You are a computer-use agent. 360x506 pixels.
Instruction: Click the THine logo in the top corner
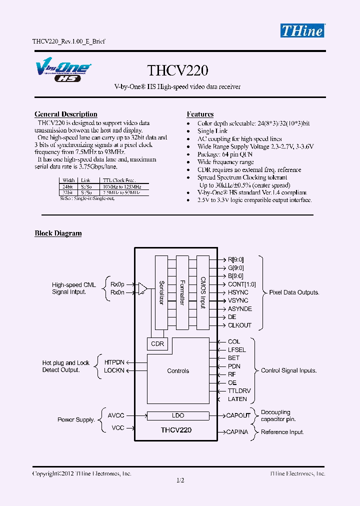(x=302, y=30)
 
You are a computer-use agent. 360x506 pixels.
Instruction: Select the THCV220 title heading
(x=177, y=70)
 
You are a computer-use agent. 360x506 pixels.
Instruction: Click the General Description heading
(x=66, y=114)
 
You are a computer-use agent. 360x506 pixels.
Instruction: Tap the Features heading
(x=200, y=114)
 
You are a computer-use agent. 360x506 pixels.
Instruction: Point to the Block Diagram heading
(x=58, y=233)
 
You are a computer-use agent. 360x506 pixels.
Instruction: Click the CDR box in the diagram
(x=157, y=344)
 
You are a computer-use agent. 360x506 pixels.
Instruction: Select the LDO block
(x=178, y=415)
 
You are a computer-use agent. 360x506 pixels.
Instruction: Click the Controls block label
(x=178, y=371)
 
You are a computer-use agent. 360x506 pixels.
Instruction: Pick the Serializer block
(x=161, y=292)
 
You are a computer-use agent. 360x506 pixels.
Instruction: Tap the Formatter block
(x=182, y=292)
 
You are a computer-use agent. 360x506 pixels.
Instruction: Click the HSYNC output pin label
(x=238, y=292)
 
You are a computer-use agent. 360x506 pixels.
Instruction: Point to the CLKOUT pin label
(x=239, y=325)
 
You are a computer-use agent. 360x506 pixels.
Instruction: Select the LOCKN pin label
(x=114, y=370)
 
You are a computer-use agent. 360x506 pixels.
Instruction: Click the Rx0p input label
(x=117, y=284)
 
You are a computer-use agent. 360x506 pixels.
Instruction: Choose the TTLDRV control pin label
(x=239, y=391)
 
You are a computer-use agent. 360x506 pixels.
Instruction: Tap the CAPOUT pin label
(x=238, y=415)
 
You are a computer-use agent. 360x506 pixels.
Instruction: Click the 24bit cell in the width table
(x=68, y=186)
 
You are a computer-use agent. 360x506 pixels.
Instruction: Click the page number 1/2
(x=180, y=481)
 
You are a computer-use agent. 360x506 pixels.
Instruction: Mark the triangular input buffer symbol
(x=142, y=288)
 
